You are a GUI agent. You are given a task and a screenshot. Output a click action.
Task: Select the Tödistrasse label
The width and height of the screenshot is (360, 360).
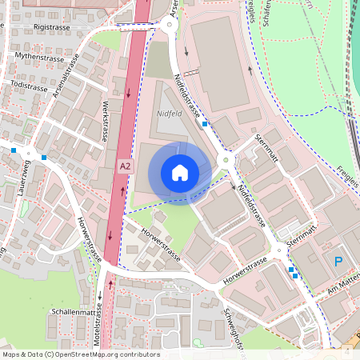(x=30, y=85)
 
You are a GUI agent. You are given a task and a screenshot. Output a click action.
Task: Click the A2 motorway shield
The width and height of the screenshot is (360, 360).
(x=124, y=166)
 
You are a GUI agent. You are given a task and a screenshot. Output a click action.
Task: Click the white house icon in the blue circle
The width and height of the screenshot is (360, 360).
(x=180, y=173)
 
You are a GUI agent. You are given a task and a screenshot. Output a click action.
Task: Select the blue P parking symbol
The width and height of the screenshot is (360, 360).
(x=338, y=262)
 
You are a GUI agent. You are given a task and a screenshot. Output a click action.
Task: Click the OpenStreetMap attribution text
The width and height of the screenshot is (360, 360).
(x=81, y=354)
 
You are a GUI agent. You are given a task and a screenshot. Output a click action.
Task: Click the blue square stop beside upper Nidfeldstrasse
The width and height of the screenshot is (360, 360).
(x=206, y=123)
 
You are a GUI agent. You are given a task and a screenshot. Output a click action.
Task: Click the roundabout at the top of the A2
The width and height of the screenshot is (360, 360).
(x=169, y=25)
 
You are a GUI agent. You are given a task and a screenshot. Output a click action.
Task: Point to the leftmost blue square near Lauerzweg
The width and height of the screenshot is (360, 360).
(x=14, y=150)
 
